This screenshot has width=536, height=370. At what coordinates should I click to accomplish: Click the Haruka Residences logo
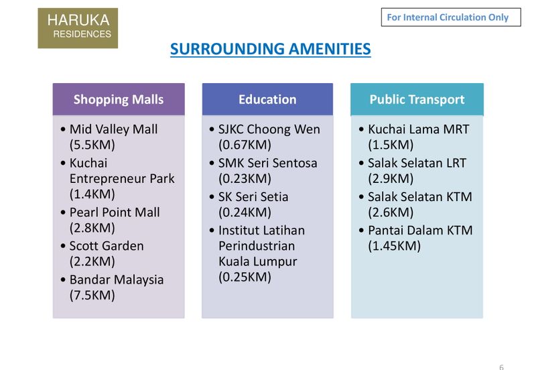click(77, 27)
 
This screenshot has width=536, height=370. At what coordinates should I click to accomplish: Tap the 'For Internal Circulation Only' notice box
click(450, 17)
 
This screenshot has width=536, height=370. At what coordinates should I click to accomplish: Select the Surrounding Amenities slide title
click(270, 49)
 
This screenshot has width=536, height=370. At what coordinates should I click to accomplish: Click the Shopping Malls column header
click(119, 99)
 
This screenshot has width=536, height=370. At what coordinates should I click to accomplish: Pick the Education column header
click(267, 99)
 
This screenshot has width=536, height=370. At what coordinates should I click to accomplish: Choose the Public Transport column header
click(417, 99)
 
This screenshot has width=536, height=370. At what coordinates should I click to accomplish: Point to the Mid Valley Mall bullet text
click(113, 129)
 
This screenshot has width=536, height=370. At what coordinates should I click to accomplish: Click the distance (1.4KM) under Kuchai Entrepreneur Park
click(92, 194)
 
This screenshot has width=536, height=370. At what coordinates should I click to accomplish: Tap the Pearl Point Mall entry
click(115, 212)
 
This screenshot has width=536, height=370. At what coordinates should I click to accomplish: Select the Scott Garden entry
click(107, 245)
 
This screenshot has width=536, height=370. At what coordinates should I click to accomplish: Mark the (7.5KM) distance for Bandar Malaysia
click(92, 295)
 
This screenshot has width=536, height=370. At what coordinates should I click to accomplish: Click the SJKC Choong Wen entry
click(269, 129)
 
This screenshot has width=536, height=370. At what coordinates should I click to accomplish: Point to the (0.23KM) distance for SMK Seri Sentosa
click(245, 178)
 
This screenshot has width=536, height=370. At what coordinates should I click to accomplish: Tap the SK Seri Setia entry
click(253, 196)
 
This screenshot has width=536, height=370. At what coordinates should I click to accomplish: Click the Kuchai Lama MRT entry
click(419, 129)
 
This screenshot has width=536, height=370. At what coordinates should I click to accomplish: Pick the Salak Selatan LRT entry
click(417, 163)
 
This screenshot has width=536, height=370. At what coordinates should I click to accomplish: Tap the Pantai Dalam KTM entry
click(420, 230)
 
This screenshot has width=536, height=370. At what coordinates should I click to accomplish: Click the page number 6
click(500, 367)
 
